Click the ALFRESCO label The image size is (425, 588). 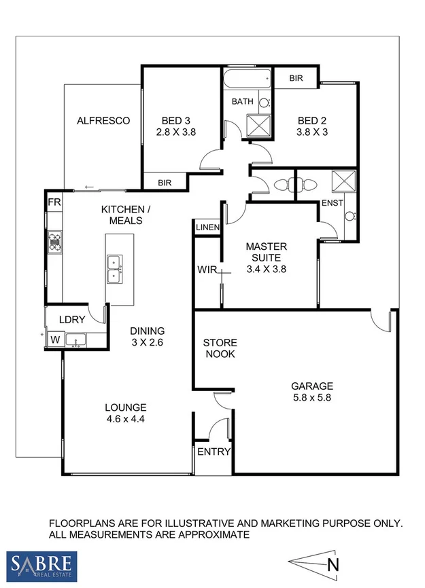(103, 121)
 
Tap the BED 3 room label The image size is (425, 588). (175, 127)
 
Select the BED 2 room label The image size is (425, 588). (313, 127)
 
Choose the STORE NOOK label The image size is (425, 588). (219, 348)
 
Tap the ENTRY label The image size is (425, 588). (214, 452)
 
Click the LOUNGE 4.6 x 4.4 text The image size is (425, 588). (126, 413)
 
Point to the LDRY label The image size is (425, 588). (71, 318)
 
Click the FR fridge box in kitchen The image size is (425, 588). (54, 202)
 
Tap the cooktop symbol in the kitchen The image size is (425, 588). (54, 242)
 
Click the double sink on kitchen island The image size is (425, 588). (114, 268)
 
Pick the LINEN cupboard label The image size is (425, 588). (207, 228)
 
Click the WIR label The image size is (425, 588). (207, 270)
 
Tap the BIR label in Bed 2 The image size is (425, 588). (296, 79)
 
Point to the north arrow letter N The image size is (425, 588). (332, 564)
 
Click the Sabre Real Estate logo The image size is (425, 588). (42, 565)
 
